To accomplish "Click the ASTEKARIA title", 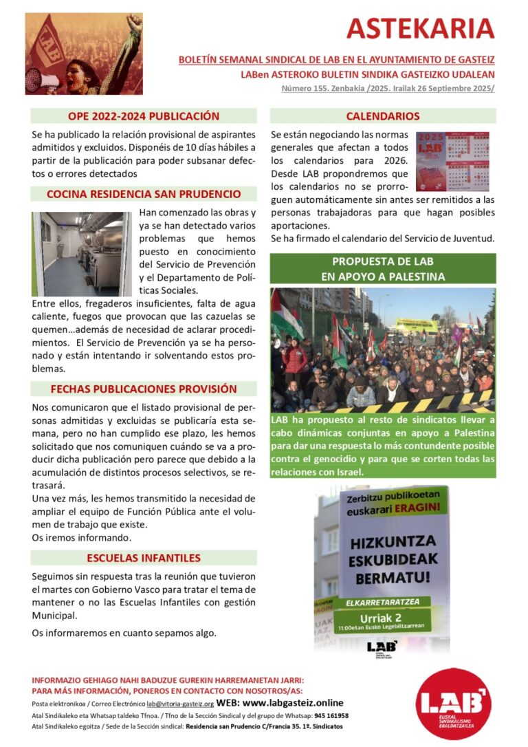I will click(420, 28).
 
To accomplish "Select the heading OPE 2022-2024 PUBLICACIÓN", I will click(144, 116).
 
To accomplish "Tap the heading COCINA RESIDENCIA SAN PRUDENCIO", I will click(144, 194).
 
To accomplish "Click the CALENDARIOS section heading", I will click(382, 116).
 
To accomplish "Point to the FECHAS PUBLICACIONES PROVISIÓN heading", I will click(144, 389).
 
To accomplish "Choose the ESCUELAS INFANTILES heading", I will click(144, 558).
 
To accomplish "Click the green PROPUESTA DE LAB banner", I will click(382, 269).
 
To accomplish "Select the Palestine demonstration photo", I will click(382, 349).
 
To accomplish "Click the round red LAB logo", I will click(454, 704).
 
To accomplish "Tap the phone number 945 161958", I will click(331, 715).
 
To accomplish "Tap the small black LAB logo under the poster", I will click(382, 647).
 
